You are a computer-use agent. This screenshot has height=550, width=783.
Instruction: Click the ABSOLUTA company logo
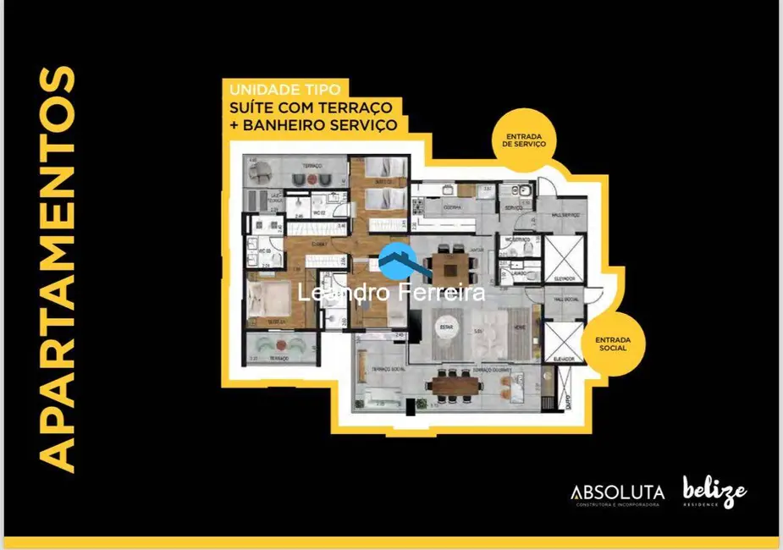[617, 492]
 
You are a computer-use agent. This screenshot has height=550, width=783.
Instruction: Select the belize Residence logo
[714, 491]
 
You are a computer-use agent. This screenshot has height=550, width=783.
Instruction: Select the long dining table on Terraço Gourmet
[455, 385]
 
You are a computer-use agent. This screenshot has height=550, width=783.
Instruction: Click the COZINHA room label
[449, 207]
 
